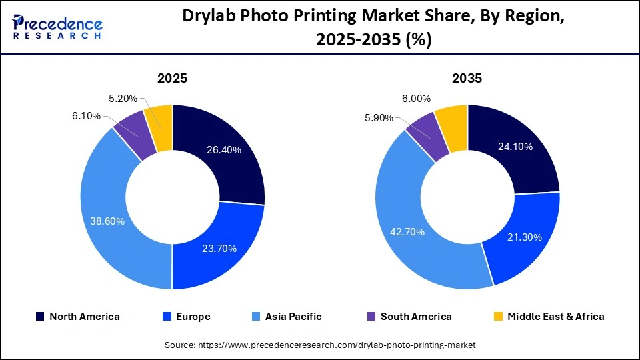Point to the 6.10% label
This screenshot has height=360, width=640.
click(86, 116)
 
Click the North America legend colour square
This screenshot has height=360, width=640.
click(40, 317)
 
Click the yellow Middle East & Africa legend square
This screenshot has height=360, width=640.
click(497, 317)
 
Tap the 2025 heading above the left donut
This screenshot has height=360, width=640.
click(172, 78)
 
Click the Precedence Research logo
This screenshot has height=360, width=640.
click(57, 27)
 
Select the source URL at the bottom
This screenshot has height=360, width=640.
click(320, 345)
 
